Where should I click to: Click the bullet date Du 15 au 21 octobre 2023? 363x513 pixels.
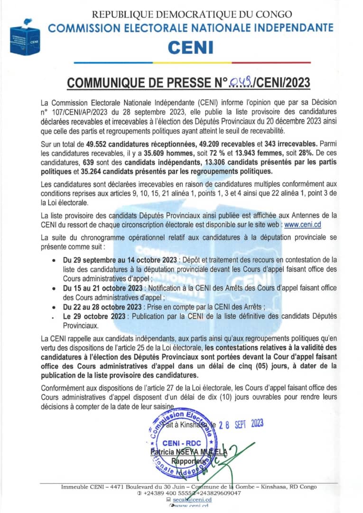[x=98, y=288]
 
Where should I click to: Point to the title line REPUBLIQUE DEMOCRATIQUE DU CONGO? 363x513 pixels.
[x=191, y=15]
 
